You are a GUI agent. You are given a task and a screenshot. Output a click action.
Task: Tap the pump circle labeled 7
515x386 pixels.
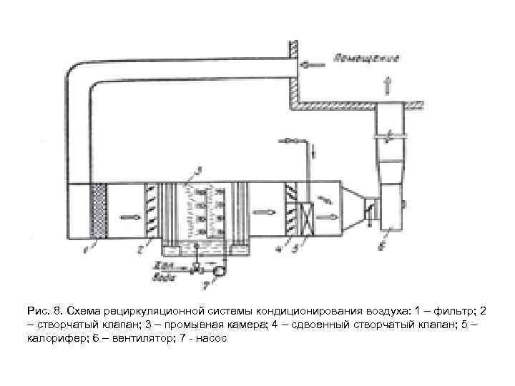(x=220, y=271)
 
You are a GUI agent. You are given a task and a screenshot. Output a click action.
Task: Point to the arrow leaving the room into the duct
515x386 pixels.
(x=313, y=63)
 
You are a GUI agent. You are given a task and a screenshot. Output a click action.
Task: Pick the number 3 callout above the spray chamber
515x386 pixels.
(x=199, y=170)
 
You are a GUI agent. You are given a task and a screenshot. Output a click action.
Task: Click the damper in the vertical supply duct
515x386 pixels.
(x=389, y=135)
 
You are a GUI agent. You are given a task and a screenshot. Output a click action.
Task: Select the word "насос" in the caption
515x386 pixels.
(x=211, y=338)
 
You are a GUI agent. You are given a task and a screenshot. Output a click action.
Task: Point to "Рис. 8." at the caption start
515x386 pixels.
(x=44, y=312)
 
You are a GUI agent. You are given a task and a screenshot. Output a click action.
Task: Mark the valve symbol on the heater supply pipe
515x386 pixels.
(x=288, y=141)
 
